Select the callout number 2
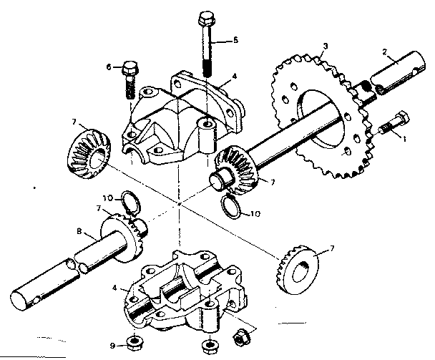point(384,52)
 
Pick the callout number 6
point(109,67)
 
